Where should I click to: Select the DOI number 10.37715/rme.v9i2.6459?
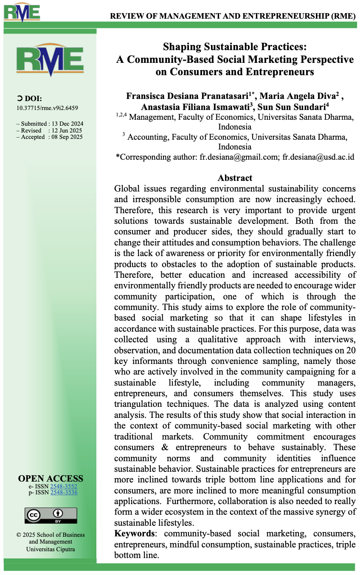tap(47, 108)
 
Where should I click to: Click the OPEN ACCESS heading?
tap(51, 479)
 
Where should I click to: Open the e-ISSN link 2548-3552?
tap(64, 486)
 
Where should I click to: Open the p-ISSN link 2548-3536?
tap(64, 493)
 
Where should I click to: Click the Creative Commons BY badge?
tap(51, 515)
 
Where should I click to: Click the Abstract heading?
tap(235, 178)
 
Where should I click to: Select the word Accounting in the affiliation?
tap(145, 137)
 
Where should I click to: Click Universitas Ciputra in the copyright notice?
tap(51, 549)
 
